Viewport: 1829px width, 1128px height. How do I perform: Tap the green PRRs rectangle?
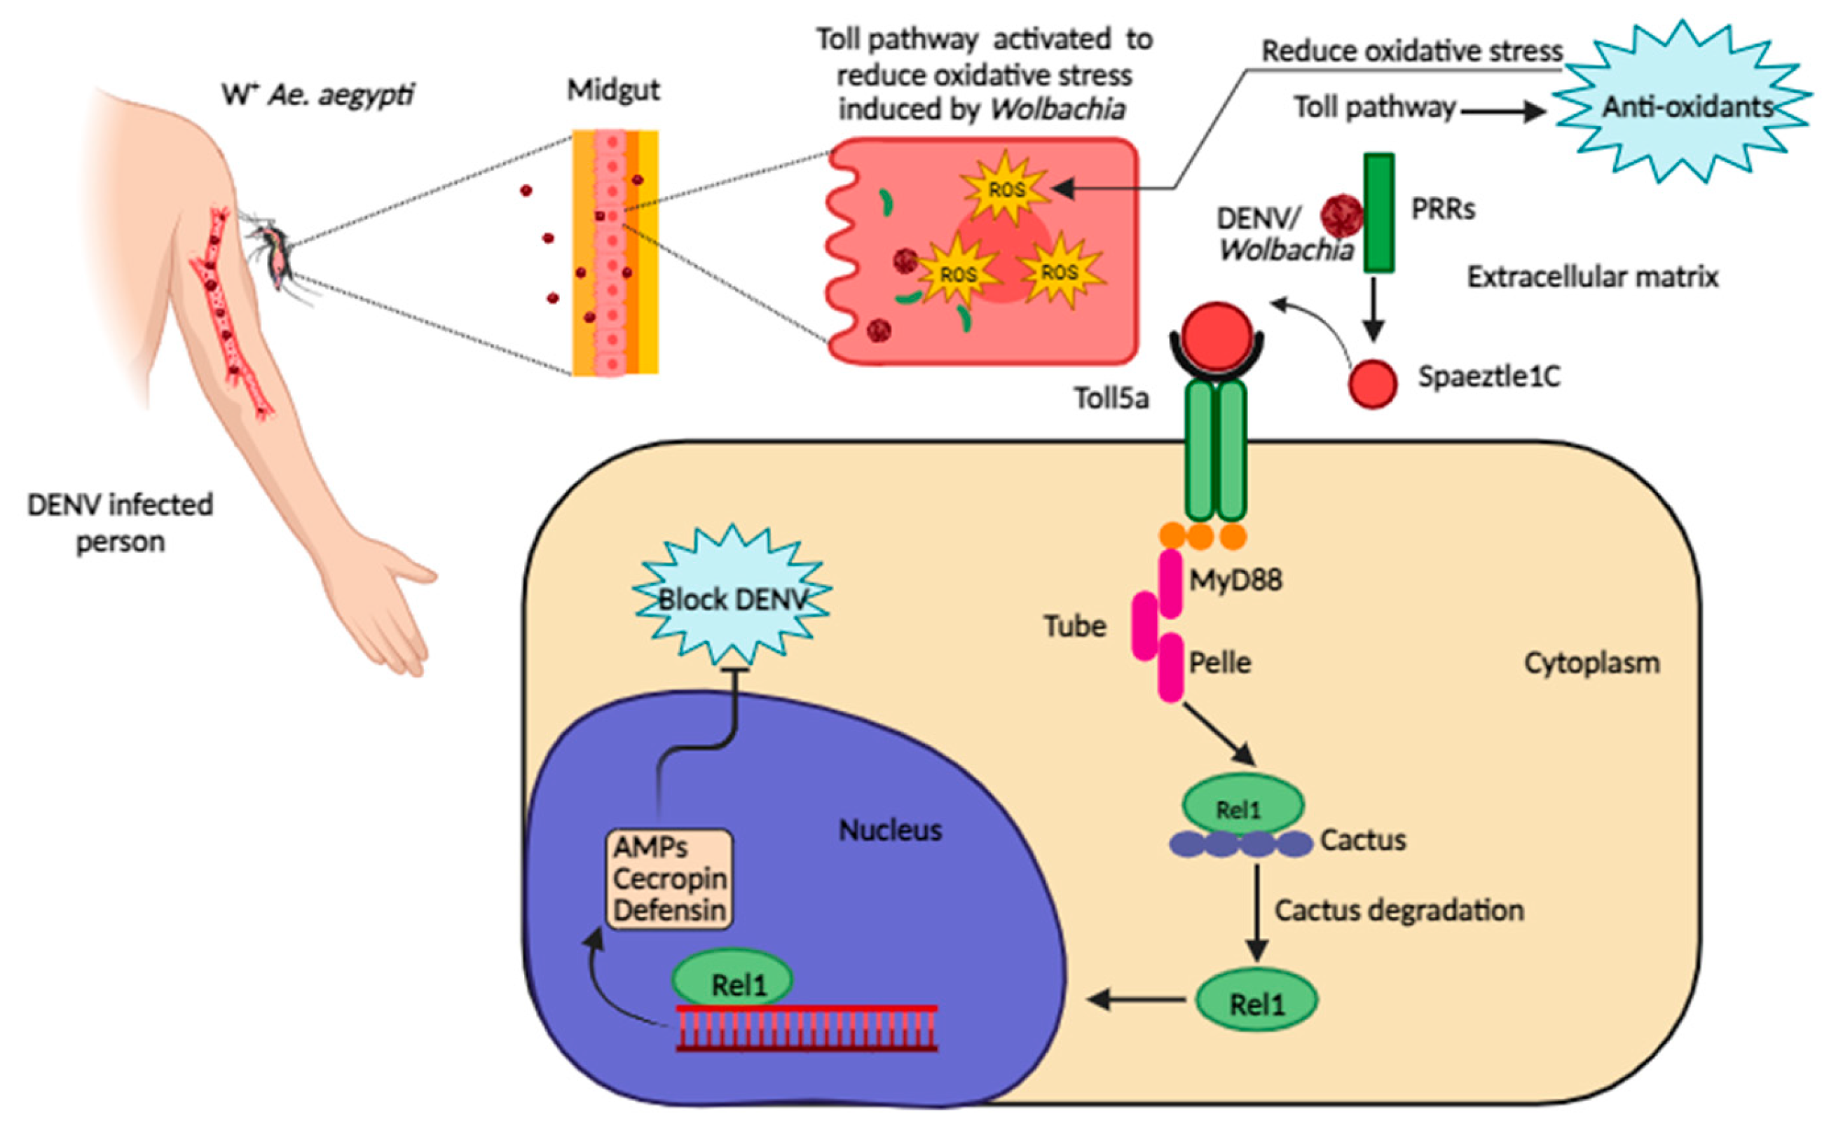(x=1379, y=212)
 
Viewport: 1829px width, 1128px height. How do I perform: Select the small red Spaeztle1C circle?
(x=1373, y=383)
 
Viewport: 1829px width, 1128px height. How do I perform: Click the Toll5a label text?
(x=1111, y=399)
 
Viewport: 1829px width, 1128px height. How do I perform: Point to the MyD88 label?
(x=1235, y=579)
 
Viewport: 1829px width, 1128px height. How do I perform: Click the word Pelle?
(x=1219, y=663)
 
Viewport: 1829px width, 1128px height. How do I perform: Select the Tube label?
(x=1074, y=626)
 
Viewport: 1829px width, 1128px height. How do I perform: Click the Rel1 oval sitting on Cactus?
(x=1242, y=805)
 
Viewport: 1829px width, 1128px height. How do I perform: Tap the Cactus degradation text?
(x=1399, y=910)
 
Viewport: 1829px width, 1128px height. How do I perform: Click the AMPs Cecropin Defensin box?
(x=669, y=879)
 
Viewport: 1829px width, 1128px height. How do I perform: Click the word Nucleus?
(x=889, y=830)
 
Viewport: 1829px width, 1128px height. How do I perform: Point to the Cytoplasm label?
(x=1591, y=663)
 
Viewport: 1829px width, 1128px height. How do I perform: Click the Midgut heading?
(x=612, y=90)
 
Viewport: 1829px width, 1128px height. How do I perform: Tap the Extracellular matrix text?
(x=1592, y=277)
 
